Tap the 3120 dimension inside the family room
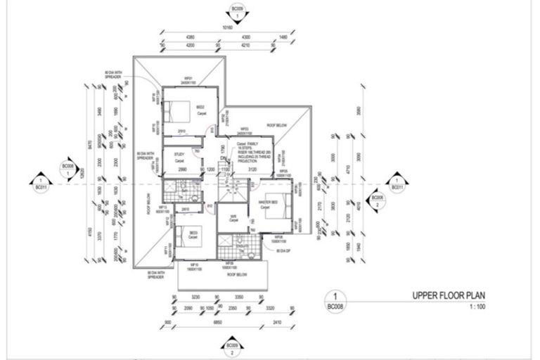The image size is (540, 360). pyautogui.click(x=252, y=169)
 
